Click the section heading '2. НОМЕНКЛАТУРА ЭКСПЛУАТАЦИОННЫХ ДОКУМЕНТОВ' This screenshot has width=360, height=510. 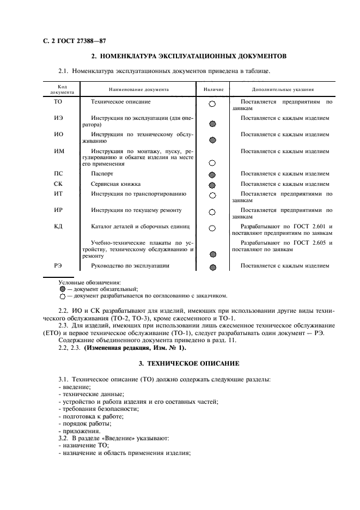click(188, 56)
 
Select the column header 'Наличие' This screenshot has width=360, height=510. click(212, 89)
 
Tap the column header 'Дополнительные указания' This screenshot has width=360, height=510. click(282, 89)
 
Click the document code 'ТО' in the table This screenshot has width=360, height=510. click(58, 102)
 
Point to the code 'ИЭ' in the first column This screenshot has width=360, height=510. click(58, 118)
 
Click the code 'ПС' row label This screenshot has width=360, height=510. click(58, 174)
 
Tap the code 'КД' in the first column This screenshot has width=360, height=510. click(58, 226)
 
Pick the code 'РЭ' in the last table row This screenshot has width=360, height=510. click(58, 266)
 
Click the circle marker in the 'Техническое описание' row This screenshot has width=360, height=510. click(212, 103)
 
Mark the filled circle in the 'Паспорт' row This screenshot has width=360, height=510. click(212, 175)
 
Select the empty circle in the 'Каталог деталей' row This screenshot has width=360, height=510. click(212, 228)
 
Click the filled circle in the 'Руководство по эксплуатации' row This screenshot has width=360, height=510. click(212, 268)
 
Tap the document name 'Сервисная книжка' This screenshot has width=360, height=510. click(115, 184)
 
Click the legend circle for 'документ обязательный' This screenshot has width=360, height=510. click(63, 289)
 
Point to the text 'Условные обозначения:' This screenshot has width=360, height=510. click(90, 282)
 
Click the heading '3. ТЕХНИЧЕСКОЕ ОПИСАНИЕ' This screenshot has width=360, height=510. click(188, 363)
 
